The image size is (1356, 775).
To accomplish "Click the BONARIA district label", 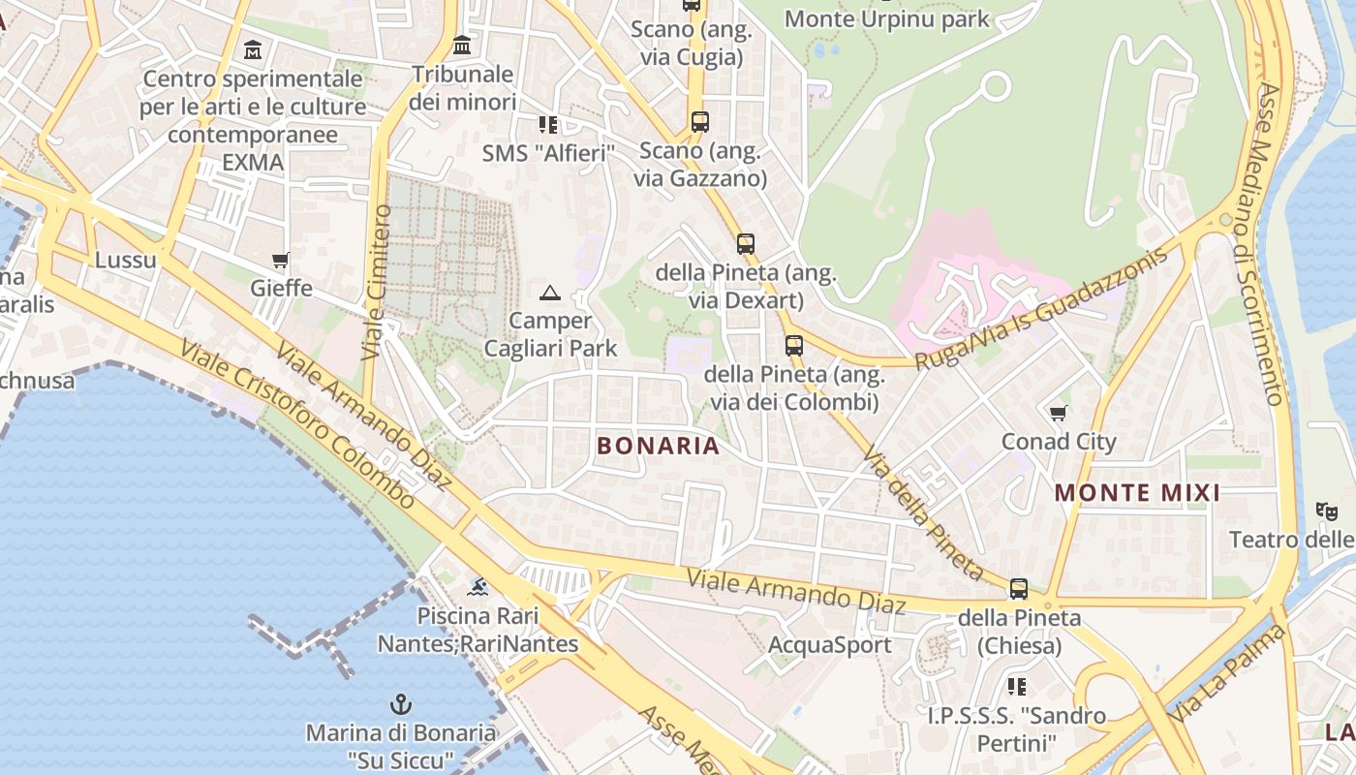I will point(659,446).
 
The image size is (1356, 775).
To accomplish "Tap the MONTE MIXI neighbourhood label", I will point(1137,492).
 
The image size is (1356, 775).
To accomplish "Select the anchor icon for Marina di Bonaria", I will point(400,704).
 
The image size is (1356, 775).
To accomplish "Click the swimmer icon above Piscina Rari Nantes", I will point(478,586).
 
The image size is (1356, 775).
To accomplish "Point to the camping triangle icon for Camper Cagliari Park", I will point(550,292).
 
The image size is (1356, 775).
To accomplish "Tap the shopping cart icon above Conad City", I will point(1059,414).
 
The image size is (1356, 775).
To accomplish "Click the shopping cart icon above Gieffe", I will point(281,260).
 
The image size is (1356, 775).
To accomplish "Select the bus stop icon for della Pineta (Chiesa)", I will point(1019,588).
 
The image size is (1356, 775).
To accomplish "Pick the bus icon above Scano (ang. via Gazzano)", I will point(699,122).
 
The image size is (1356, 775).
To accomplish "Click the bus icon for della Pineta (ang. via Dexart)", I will point(745,244).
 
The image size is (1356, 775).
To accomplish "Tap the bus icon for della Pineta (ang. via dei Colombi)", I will point(794,345).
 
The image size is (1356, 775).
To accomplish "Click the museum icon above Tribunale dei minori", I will point(462,46).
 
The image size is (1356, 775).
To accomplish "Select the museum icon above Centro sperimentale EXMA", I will point(253,49).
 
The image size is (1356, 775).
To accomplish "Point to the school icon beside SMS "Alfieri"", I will point(548,124).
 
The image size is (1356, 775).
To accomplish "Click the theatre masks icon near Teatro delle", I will point(1326,511).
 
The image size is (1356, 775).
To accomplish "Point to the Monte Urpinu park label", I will point(886,18).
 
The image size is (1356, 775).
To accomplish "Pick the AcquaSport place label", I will point(829,644).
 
